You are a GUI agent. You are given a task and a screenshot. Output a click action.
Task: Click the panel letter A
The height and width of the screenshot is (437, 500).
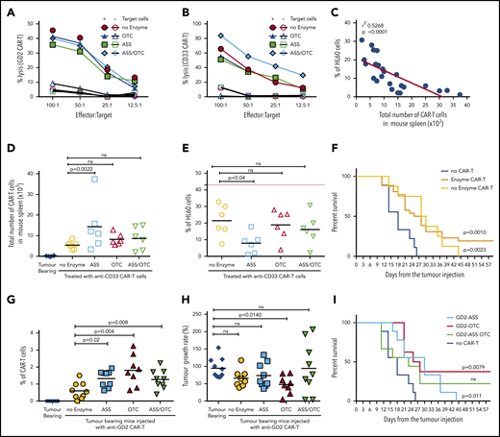click(8, 8)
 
